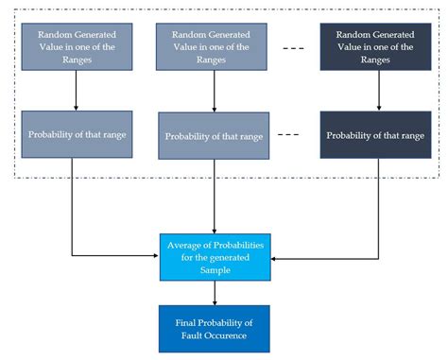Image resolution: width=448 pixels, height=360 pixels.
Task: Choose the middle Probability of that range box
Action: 215,136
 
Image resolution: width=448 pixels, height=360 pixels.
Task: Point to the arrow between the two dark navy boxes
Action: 378,93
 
